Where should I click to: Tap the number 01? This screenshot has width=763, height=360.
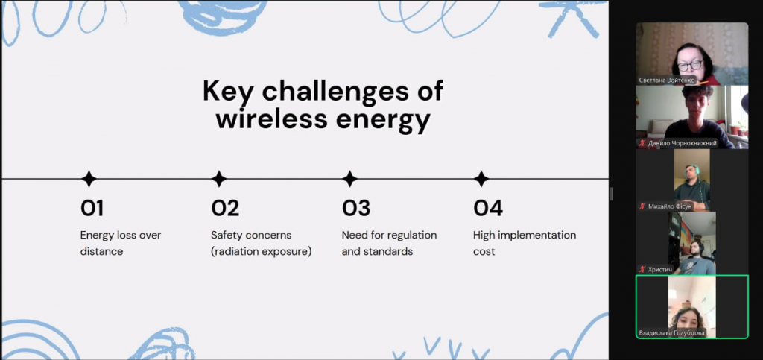[92, 208]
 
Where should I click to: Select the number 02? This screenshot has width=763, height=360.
[225, 208]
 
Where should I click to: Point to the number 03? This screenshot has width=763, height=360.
[355, 208]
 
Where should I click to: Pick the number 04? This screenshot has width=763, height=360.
[488, 208]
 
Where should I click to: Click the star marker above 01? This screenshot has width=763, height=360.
[89, 179]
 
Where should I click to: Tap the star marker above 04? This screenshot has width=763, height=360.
[481, 179]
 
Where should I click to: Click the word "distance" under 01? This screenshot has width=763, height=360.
[101, 251]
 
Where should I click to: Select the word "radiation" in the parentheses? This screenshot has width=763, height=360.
[236, 251]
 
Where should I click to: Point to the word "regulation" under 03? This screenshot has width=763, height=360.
[411, 235]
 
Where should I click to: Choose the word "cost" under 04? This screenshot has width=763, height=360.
[484, 251]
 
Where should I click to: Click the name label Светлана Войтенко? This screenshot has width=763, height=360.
[667, 80]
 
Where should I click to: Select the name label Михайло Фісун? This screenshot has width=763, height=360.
[670, 206]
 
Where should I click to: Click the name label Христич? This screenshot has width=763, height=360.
[659, 269]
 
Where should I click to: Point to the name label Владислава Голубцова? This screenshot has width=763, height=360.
[671, 332]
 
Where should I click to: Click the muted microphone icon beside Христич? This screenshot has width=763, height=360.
[642, 269]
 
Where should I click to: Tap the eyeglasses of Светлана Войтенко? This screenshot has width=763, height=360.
[689, 65]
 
